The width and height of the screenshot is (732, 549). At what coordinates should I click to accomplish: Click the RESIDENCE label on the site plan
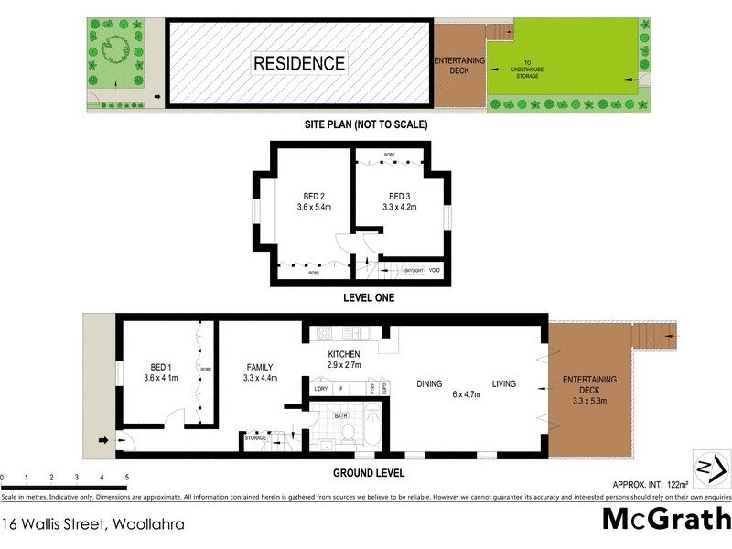(x=299, y=63)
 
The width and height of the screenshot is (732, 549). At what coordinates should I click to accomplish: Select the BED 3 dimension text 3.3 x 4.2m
(x=400, y=208)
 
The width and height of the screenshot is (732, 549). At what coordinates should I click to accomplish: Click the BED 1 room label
(x=159, y=366)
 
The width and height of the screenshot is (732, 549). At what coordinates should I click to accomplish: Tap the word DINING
(x=430, y=384)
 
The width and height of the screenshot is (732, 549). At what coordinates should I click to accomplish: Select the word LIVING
(x=505, y=384)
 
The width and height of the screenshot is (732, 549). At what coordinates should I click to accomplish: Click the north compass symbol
(x=712, y=468)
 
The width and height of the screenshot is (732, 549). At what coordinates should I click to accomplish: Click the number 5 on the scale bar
(x=126, y=478)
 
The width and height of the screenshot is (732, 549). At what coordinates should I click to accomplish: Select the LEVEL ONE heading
(x=369, y=297)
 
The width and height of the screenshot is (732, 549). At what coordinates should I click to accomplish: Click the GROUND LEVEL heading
(x=369, y=473)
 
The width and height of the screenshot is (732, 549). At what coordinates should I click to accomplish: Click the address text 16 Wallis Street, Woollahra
(x=93, y=524)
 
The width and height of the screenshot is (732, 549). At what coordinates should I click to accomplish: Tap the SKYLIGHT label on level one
(x=414, y=270)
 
